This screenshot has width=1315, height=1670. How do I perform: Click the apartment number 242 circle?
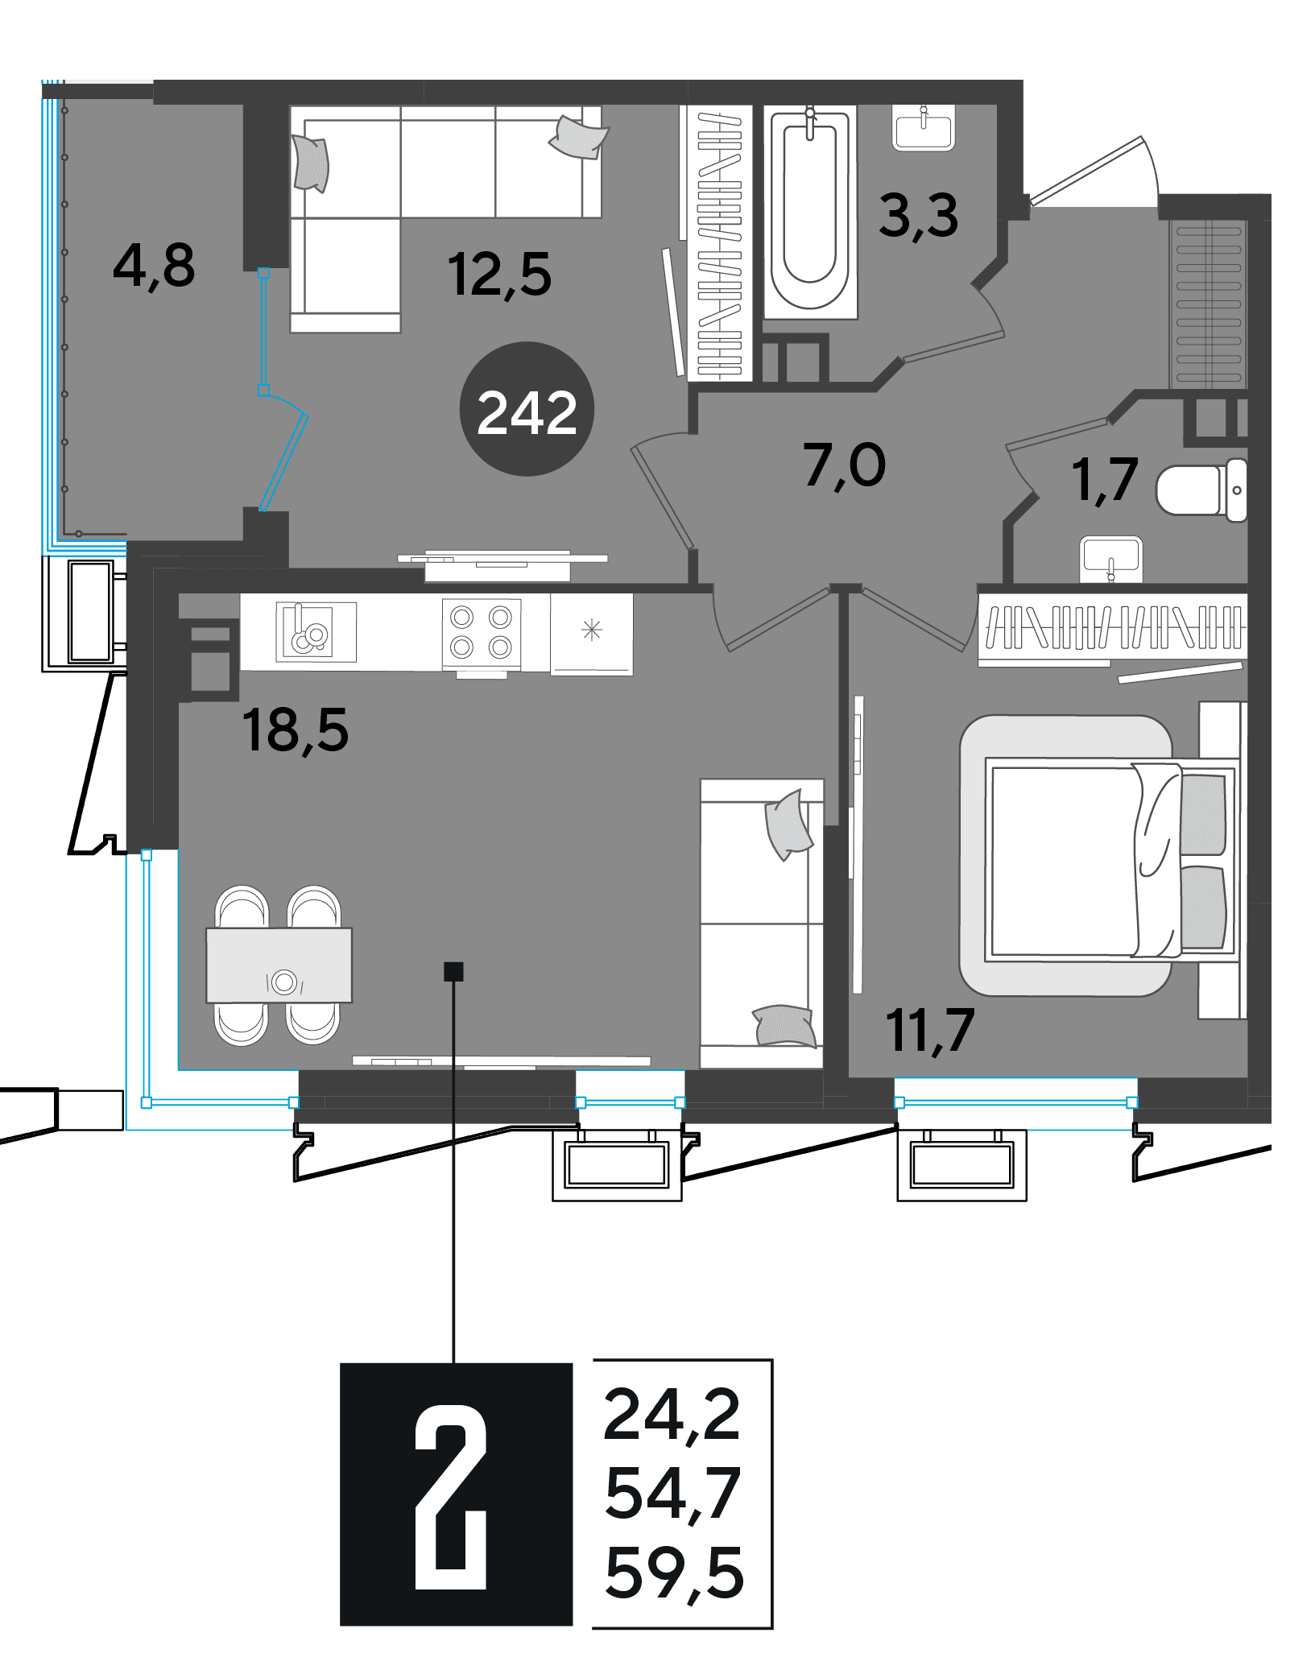tap(527, 409)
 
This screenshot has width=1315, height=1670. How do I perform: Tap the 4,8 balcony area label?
tap(154, 266)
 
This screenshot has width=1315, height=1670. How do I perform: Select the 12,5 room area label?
tap(499, 275)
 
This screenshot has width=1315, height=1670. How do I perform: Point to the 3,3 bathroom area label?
tap(919, 216)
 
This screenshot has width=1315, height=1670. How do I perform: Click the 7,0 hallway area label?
tap(845, 465)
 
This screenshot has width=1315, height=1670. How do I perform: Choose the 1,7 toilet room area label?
tap(1105, 480)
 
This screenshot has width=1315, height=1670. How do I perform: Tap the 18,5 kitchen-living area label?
tap(296, 730)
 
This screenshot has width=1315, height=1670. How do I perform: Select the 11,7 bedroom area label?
tap(930, 1031)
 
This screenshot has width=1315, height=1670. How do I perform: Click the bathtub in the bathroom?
tap(810, 212)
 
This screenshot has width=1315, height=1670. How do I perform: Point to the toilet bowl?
tap(1201, 490)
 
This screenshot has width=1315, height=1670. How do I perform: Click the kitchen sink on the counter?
tap(316, 632)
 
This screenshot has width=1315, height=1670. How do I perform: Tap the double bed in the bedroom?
tap(1105, 857)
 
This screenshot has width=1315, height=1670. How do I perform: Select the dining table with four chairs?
tap(279, 965)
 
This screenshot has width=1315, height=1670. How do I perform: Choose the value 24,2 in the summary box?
tap(672, 1415)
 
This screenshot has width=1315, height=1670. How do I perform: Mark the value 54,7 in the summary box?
tap(672, 1494)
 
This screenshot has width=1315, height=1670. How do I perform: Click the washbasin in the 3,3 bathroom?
tap(924, 128)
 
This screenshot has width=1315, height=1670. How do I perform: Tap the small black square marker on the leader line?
tap(453, 972)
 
